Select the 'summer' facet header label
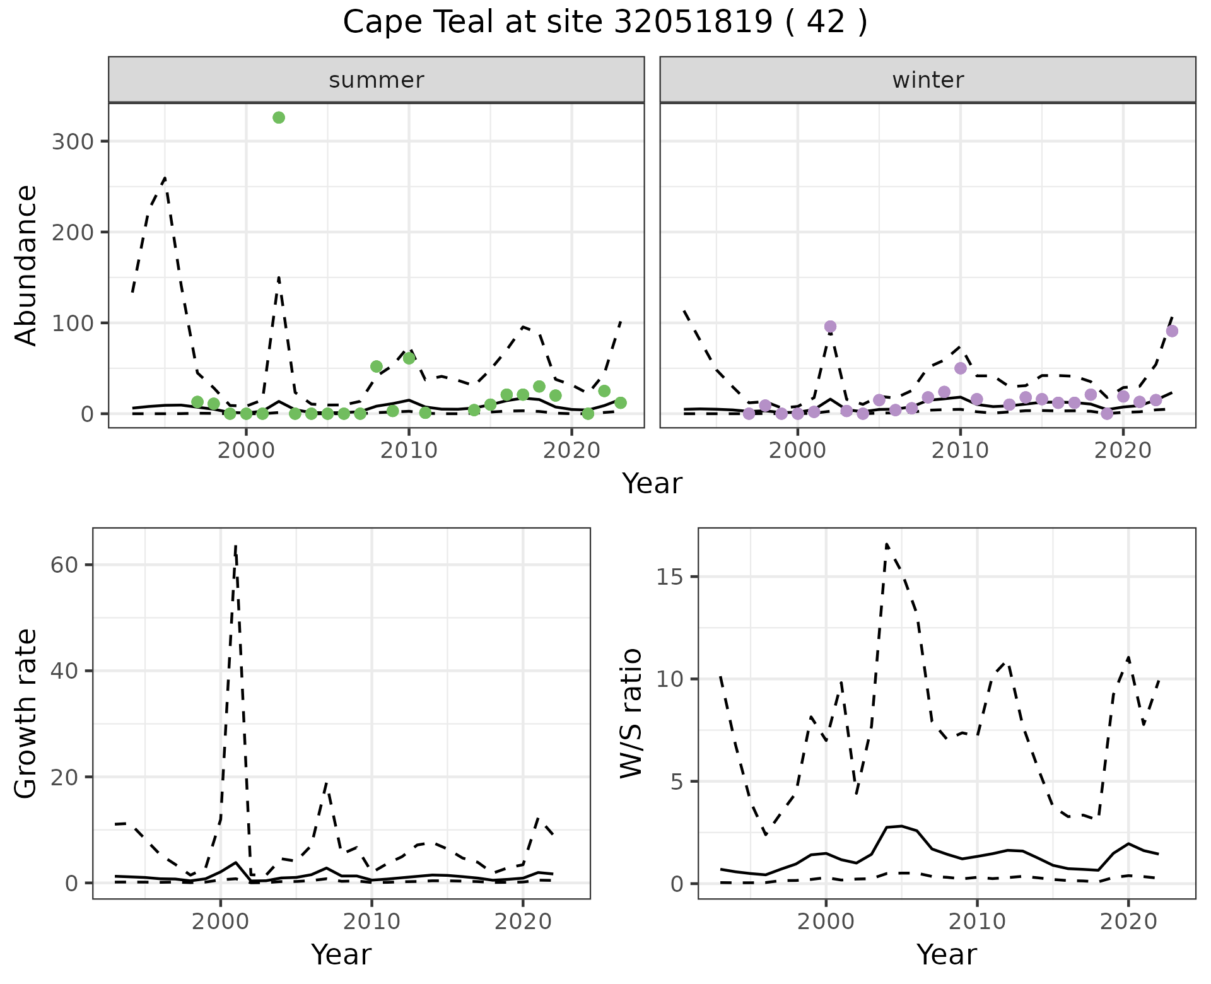[377, 80]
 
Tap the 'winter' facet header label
[928, 80]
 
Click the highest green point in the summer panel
[279, 118]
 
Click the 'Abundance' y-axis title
[26, 265]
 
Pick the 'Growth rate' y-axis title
[26, 713]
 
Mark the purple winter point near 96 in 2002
[830, 327]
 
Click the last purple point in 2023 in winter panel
[1172, 331]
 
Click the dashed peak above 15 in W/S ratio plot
[887, 544]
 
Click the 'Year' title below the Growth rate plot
[341, 954]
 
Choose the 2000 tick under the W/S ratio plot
[826, 922]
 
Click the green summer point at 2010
[409, 358]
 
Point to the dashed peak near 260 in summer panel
[165, 179]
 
